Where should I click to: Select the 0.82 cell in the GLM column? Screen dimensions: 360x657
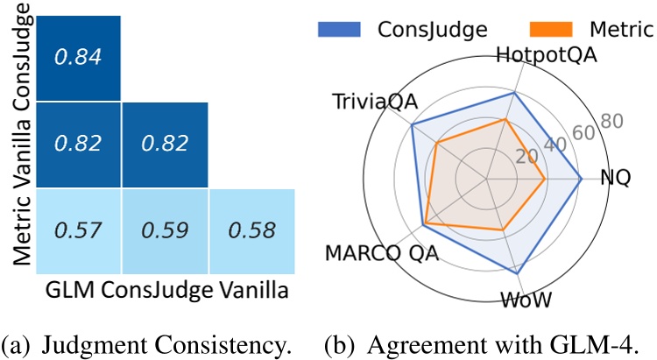pyautogui.click(x=78, y=145)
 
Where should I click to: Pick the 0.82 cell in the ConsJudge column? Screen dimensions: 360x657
pyautogui.click(x=164, y=145)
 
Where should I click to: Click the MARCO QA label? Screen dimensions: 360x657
pyautogui.click(x=383, y=254)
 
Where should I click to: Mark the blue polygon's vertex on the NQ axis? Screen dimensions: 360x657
pyautogui.click(x=582, y=179)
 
